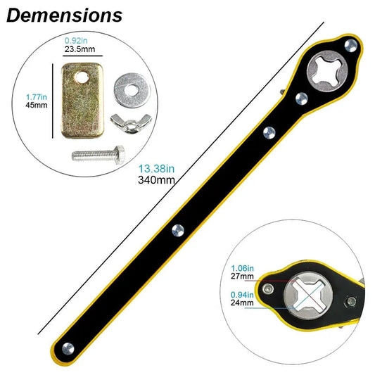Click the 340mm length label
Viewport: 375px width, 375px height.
157,179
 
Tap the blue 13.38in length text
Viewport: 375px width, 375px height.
157,168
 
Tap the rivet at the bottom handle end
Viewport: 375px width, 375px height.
66,346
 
